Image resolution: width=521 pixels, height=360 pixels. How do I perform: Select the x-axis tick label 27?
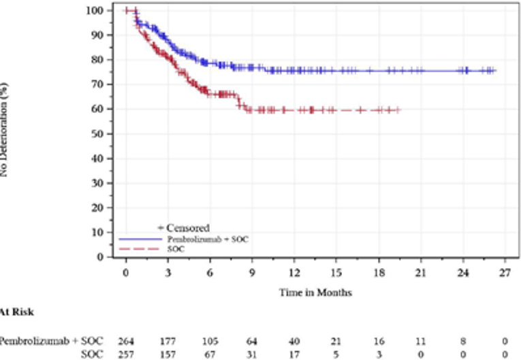[505, 272]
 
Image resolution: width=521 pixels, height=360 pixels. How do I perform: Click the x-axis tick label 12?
[294, 272]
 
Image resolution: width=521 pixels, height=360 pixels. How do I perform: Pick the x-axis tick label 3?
[168, 272]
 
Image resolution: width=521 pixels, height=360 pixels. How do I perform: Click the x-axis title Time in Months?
[315, 292]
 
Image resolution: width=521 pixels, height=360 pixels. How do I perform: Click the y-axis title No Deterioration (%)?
[5, 129]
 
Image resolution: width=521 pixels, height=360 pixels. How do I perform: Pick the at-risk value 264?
[125, 340]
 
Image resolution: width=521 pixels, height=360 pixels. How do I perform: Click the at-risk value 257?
[125, 354]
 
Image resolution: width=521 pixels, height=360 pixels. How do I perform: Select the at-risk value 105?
[210, 340]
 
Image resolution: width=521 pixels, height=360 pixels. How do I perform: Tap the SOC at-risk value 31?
[252, 354]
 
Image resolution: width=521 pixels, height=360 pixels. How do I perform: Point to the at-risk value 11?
[421, 340]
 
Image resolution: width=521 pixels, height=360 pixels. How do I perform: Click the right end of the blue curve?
[496, 70]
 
